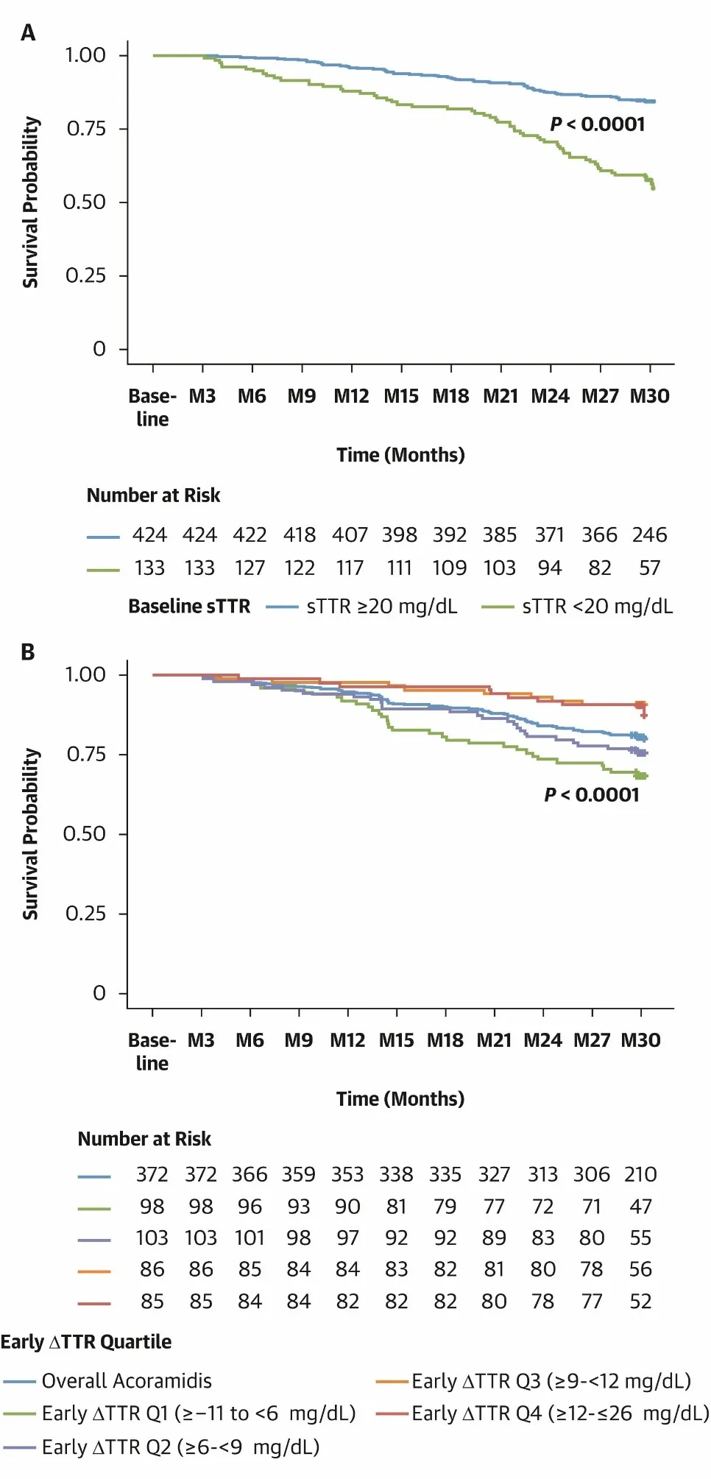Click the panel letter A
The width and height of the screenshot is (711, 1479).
point(28,33)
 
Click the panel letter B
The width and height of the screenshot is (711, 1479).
point(28,652)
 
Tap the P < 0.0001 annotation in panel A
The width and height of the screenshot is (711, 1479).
point(597,124)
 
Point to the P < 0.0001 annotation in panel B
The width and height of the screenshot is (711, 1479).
point(592,795)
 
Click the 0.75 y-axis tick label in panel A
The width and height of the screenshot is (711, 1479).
point(86,129)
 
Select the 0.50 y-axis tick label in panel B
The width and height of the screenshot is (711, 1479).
point(85,834)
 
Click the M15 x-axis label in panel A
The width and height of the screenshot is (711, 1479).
point(401,397)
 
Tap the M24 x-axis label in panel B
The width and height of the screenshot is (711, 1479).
point(542,1040)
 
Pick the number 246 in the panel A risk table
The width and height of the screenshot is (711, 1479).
point(649,535)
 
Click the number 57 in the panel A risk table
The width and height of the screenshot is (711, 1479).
point(649,568)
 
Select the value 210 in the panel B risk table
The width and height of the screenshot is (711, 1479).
point(640,1174)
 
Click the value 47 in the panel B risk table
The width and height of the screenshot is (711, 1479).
point(640,1207)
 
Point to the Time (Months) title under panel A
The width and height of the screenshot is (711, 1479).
point(400,455)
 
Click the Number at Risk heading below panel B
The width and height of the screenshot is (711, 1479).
point(144,1140)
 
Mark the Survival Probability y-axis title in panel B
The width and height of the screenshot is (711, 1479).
point(30,834)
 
